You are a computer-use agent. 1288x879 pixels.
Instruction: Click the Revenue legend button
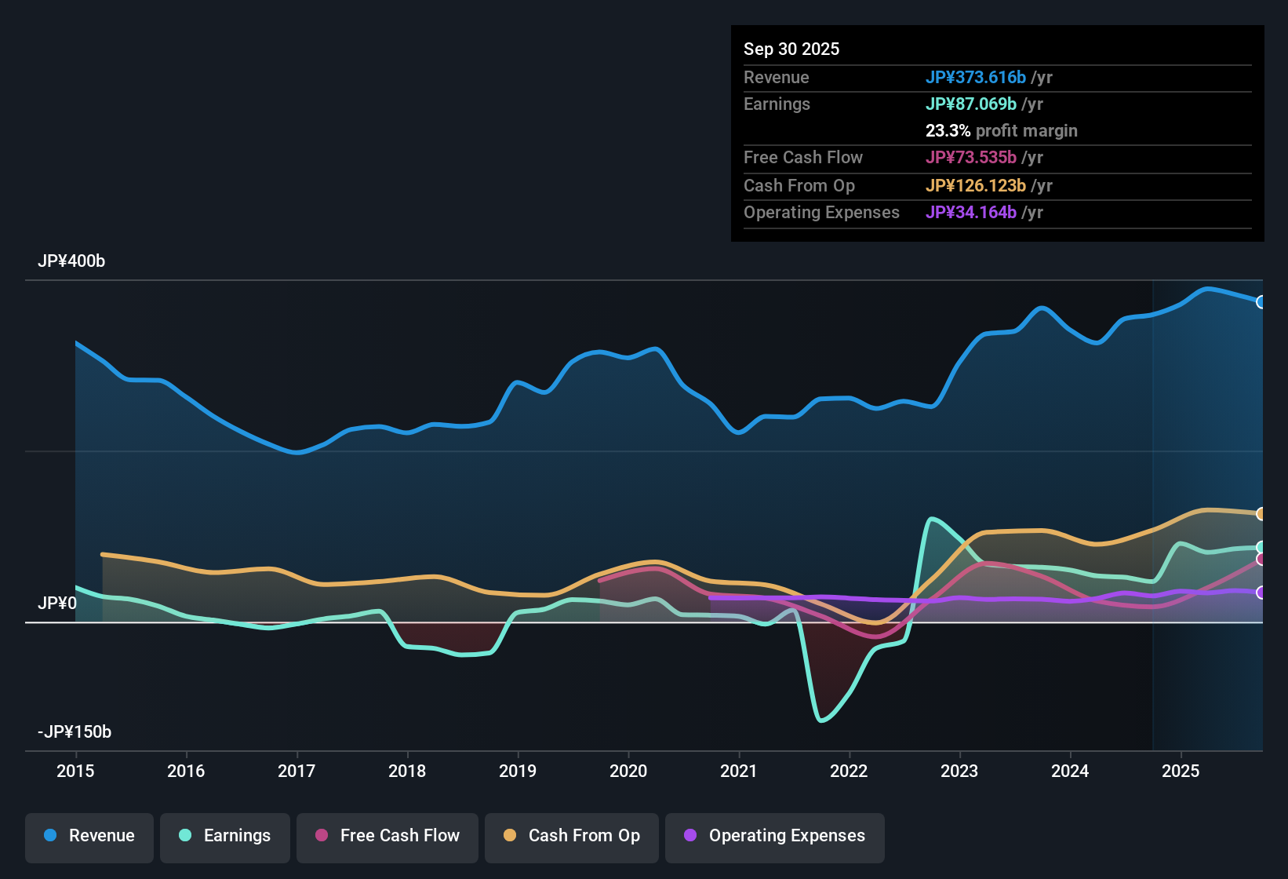pos(89,836)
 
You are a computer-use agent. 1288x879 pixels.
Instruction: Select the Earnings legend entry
pos(225,836)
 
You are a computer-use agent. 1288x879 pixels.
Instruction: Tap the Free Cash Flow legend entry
pos(387,836)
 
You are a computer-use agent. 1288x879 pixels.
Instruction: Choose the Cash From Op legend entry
pos(572,836)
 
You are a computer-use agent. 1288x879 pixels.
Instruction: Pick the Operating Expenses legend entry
pos(775,836)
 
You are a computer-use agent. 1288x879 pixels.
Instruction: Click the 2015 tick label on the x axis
pos(75,771)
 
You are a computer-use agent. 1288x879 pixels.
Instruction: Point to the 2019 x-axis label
pos(518,771)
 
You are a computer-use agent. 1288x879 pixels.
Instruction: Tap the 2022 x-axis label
pos(849,771)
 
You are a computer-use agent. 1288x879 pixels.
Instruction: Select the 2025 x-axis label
pos(1181,771)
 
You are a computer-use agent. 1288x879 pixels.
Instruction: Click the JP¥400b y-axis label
pos(71,261)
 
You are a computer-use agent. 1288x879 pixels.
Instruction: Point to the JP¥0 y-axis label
pos(57,603)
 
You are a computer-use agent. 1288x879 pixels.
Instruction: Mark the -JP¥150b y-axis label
pos(75,732)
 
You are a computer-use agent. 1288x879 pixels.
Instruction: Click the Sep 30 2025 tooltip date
pos(791,49)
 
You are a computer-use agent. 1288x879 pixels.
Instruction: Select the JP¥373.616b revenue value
pos(975,77)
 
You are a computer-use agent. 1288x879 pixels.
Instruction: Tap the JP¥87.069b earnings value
pos(970,104)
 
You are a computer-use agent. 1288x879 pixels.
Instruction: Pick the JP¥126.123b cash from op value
pos(975,185)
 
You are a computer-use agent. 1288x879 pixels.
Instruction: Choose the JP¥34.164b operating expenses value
pos(970,212)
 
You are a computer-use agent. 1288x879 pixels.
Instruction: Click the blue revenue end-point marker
pos(1261,302)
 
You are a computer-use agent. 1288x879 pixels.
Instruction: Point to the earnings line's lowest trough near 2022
pos(821,720)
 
